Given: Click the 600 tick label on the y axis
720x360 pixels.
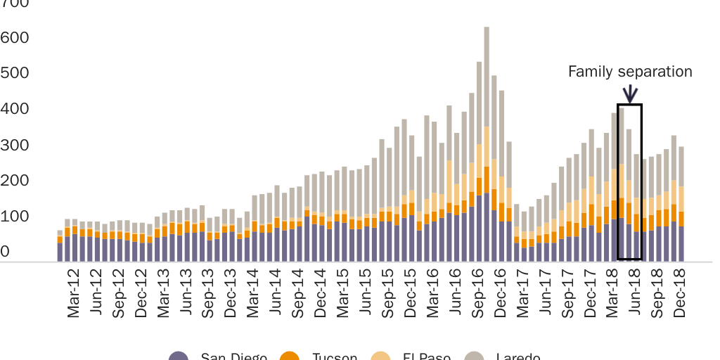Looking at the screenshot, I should point(14,37).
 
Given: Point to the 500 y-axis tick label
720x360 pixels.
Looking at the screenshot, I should point(14,72).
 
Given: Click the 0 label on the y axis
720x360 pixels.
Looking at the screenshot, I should point(6,251).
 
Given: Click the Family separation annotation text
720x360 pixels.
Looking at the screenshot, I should point(629,72).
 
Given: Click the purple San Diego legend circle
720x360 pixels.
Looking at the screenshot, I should point(179,357).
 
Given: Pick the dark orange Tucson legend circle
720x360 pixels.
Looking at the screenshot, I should point(290,357).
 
